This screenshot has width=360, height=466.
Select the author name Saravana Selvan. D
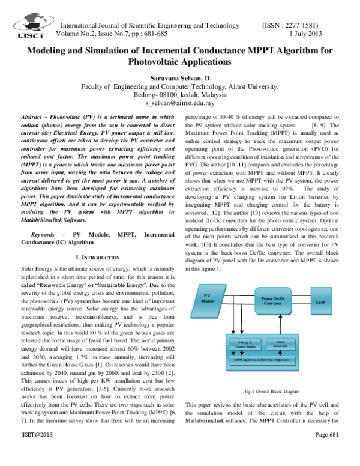click(x=179, y=78)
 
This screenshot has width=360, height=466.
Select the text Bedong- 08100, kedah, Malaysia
click(x=179, y=95)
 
